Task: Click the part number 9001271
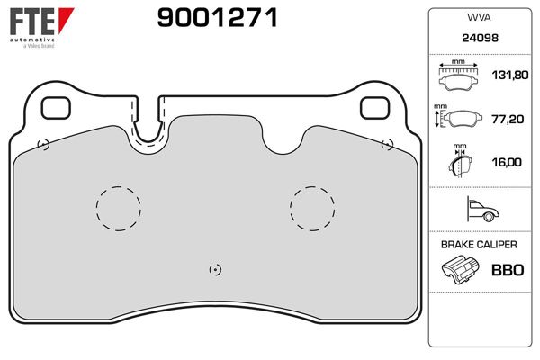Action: (x=205, y=17)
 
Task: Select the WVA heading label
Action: (x=478, y=18)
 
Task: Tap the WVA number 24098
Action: (x=478, y=40)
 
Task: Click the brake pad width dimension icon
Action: (x=459, y=77)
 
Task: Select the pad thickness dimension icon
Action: (x=459, y=164)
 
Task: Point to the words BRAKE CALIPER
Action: (x=478, y=244)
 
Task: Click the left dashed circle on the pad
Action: (x=119, y=208)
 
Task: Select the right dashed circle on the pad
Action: (x=312, y=208)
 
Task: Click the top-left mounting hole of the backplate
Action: (x=56, y=106)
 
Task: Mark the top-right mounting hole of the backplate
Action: (x=373, y=106)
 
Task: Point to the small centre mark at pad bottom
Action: (x=214, y=269)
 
